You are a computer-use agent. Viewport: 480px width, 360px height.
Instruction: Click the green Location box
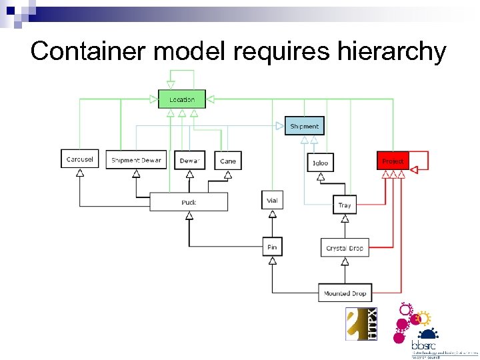click(x=181, y=99)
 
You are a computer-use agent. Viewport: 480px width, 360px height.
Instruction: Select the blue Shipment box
click(x=305, y=126)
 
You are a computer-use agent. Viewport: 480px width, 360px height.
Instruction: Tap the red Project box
click(x=393, y=161)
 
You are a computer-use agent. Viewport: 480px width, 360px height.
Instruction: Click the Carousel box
click(x=80, y=159)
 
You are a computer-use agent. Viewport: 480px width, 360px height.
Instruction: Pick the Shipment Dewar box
click(x=136, y=160)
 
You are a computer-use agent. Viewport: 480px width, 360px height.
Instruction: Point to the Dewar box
click(x=189, y=161)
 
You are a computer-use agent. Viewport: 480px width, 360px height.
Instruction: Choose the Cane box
click(x=228, y=161)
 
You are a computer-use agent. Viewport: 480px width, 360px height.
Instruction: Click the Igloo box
click(x=320, y=163)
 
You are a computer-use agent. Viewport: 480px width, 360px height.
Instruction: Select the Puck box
click(x=189, y=202)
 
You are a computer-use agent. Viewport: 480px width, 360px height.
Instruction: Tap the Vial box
click(x=272, y=200)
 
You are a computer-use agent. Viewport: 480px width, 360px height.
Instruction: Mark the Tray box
click(x=344, y=205)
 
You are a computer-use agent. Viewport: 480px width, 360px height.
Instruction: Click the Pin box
click(x=272, y=247)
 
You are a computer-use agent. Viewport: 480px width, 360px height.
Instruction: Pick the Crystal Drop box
click(x=345, y=248)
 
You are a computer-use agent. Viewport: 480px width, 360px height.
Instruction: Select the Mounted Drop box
click(x=345, y=293)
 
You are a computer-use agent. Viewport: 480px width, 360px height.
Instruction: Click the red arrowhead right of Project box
click(x=413, y=170)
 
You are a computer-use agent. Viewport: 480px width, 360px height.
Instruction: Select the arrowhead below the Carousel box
click(x=79, y=173)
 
